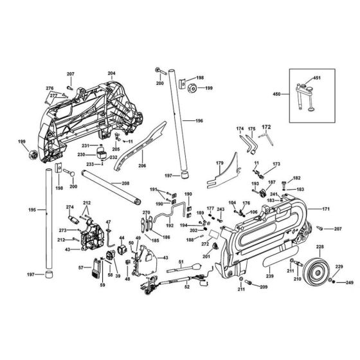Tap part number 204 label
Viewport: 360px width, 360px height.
click(x=111, y=74)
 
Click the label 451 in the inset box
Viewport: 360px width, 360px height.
click(x=316, y=78)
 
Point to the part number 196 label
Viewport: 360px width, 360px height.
click(x=199, y=121)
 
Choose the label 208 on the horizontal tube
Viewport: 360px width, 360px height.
click(x=125, y=183)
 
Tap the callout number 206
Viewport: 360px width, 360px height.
click(x=142, y=166)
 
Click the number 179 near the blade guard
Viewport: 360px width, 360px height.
click(x=219, y=163)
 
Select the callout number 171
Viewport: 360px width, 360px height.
click(x=325, y=210)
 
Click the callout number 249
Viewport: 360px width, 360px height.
click(x=350, y=282)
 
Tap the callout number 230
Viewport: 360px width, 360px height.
click(x=82, y=155)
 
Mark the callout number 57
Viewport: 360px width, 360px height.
click(x=80, y=267)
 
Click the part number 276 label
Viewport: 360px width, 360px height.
click(x=49, y=88)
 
